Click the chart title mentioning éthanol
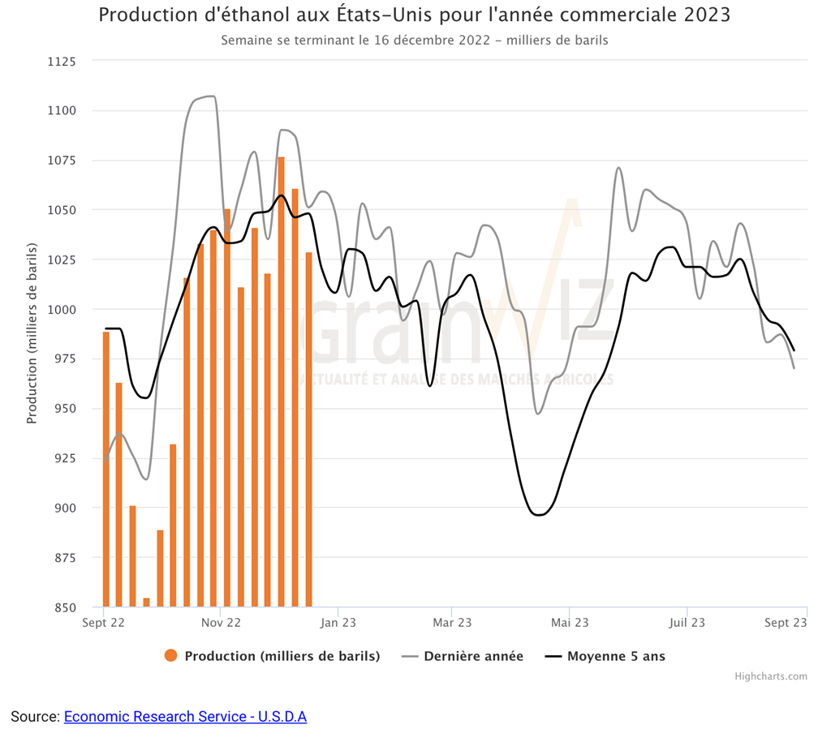pyautogui.click(x=415, y=15)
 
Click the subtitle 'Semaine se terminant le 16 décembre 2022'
pyautogui.click(x=415, y=40)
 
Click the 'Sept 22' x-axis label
pyautogui.click(x=103, y=623)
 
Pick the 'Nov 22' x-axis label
pyautogui.click(x=221, y=623)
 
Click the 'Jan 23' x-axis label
pyautogui.click(x=338, y=623)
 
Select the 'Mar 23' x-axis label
pyautogui.click(x=452, y=623)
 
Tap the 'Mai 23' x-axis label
pyautogui.click(x=570, y=623)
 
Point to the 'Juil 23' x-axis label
pyautogui.click(x=687, y=623)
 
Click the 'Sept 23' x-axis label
pyautogui.click(x=786, y=623)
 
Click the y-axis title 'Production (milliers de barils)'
pyautogui.click(x=32, y=333)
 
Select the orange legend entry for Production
pyautogui.click(x=272, y=656)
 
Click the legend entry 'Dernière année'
pyautogui.click(x=473, y=656)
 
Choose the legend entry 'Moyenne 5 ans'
pyautogui.click(x=615, y=656)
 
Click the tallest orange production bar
pyautogui.click(x=282, y=381)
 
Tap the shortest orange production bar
pyautogui.click(x=147, y=603)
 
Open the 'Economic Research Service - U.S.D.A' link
pyautogui.click(x=185, y=717)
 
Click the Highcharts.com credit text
pyautogui.click(x=771, y=676)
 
